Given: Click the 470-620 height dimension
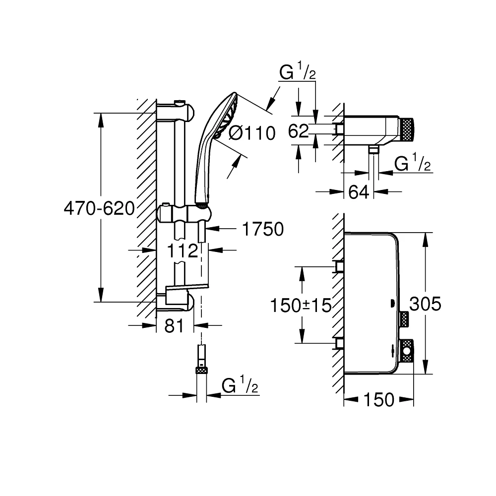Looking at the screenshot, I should pos(99,209).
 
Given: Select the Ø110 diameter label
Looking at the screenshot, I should pos(252,132).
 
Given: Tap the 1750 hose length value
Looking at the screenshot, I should pos(262,229).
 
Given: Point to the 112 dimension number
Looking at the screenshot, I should pos(183,251).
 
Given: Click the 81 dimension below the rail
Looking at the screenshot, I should pos(174,326).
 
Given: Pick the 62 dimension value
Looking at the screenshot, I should pos(299,131).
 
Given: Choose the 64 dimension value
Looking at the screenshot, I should pos(358,192).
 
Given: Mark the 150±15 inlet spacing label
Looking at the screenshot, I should pos(301,305).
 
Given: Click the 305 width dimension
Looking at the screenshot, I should pos(425,304).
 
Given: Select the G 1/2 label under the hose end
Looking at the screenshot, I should pos(241,385).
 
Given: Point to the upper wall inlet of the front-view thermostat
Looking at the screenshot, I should pos(340,266).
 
